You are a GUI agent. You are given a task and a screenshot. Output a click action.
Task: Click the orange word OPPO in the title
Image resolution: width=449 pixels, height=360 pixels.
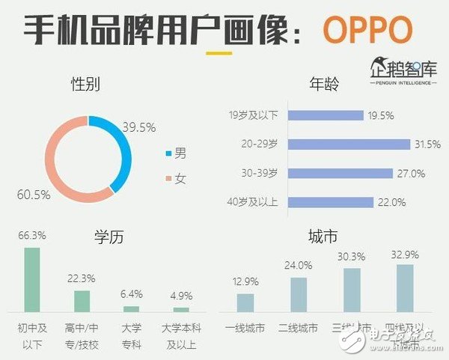pyautogui.click(x=367, y=29)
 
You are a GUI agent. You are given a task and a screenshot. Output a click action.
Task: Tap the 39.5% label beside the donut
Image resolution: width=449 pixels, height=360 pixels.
pyautogui.click(x=139, y=127)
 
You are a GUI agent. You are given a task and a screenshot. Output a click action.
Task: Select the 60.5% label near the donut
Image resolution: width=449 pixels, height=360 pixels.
pyautogui.click(x=34, y=195)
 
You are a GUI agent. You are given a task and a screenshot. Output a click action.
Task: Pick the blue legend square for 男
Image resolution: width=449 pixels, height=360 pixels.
pyautogui.click(x=168, y=154)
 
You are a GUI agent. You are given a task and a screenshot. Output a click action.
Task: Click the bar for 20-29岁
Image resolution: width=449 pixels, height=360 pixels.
pyautogui.click(x=349, y=144)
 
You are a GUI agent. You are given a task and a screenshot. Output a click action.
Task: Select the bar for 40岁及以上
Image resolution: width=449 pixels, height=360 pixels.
pyautogui.click(x=330, y=202)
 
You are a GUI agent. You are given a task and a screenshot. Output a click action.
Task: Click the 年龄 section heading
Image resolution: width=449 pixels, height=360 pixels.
pyautogui.click(x=324, y=85)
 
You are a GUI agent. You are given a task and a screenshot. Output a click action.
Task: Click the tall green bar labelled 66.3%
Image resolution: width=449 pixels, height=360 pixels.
pyautogui.click(x=32, y=278)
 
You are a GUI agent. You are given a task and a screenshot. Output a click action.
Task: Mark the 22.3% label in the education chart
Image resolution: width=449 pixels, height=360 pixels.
pyautogui.click(x=82, y=278)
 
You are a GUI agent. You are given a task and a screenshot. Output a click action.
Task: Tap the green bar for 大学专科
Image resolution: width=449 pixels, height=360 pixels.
pyautogui.click(x=132, y=308)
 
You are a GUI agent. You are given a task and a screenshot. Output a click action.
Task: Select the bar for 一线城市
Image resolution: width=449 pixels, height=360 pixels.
pyautogui.click(x=245, y=302)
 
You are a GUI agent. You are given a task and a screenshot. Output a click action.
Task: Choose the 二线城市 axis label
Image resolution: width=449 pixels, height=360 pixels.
pyautogui.click(x=299, y=328)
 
